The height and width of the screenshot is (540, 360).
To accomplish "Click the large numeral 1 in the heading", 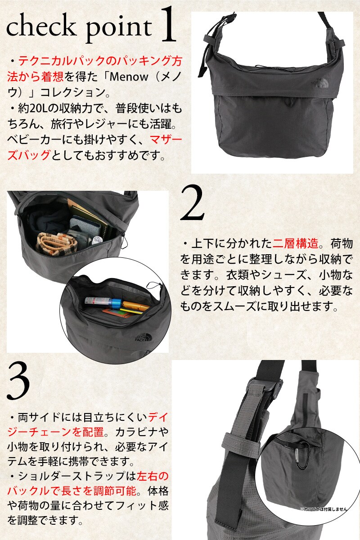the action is click(168, 25).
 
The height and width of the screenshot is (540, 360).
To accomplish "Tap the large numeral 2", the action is click(193, 203).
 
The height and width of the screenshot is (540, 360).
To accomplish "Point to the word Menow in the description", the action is click(129, 77).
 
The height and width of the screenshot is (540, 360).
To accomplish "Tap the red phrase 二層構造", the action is click(296, 244).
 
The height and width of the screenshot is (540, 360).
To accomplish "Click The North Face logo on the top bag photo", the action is click(318, 83).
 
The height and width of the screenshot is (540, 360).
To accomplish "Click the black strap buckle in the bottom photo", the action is click(265, 387).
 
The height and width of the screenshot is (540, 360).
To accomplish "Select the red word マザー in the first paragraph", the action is click(166, 140).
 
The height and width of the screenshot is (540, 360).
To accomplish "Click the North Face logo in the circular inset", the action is click(142, 337).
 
